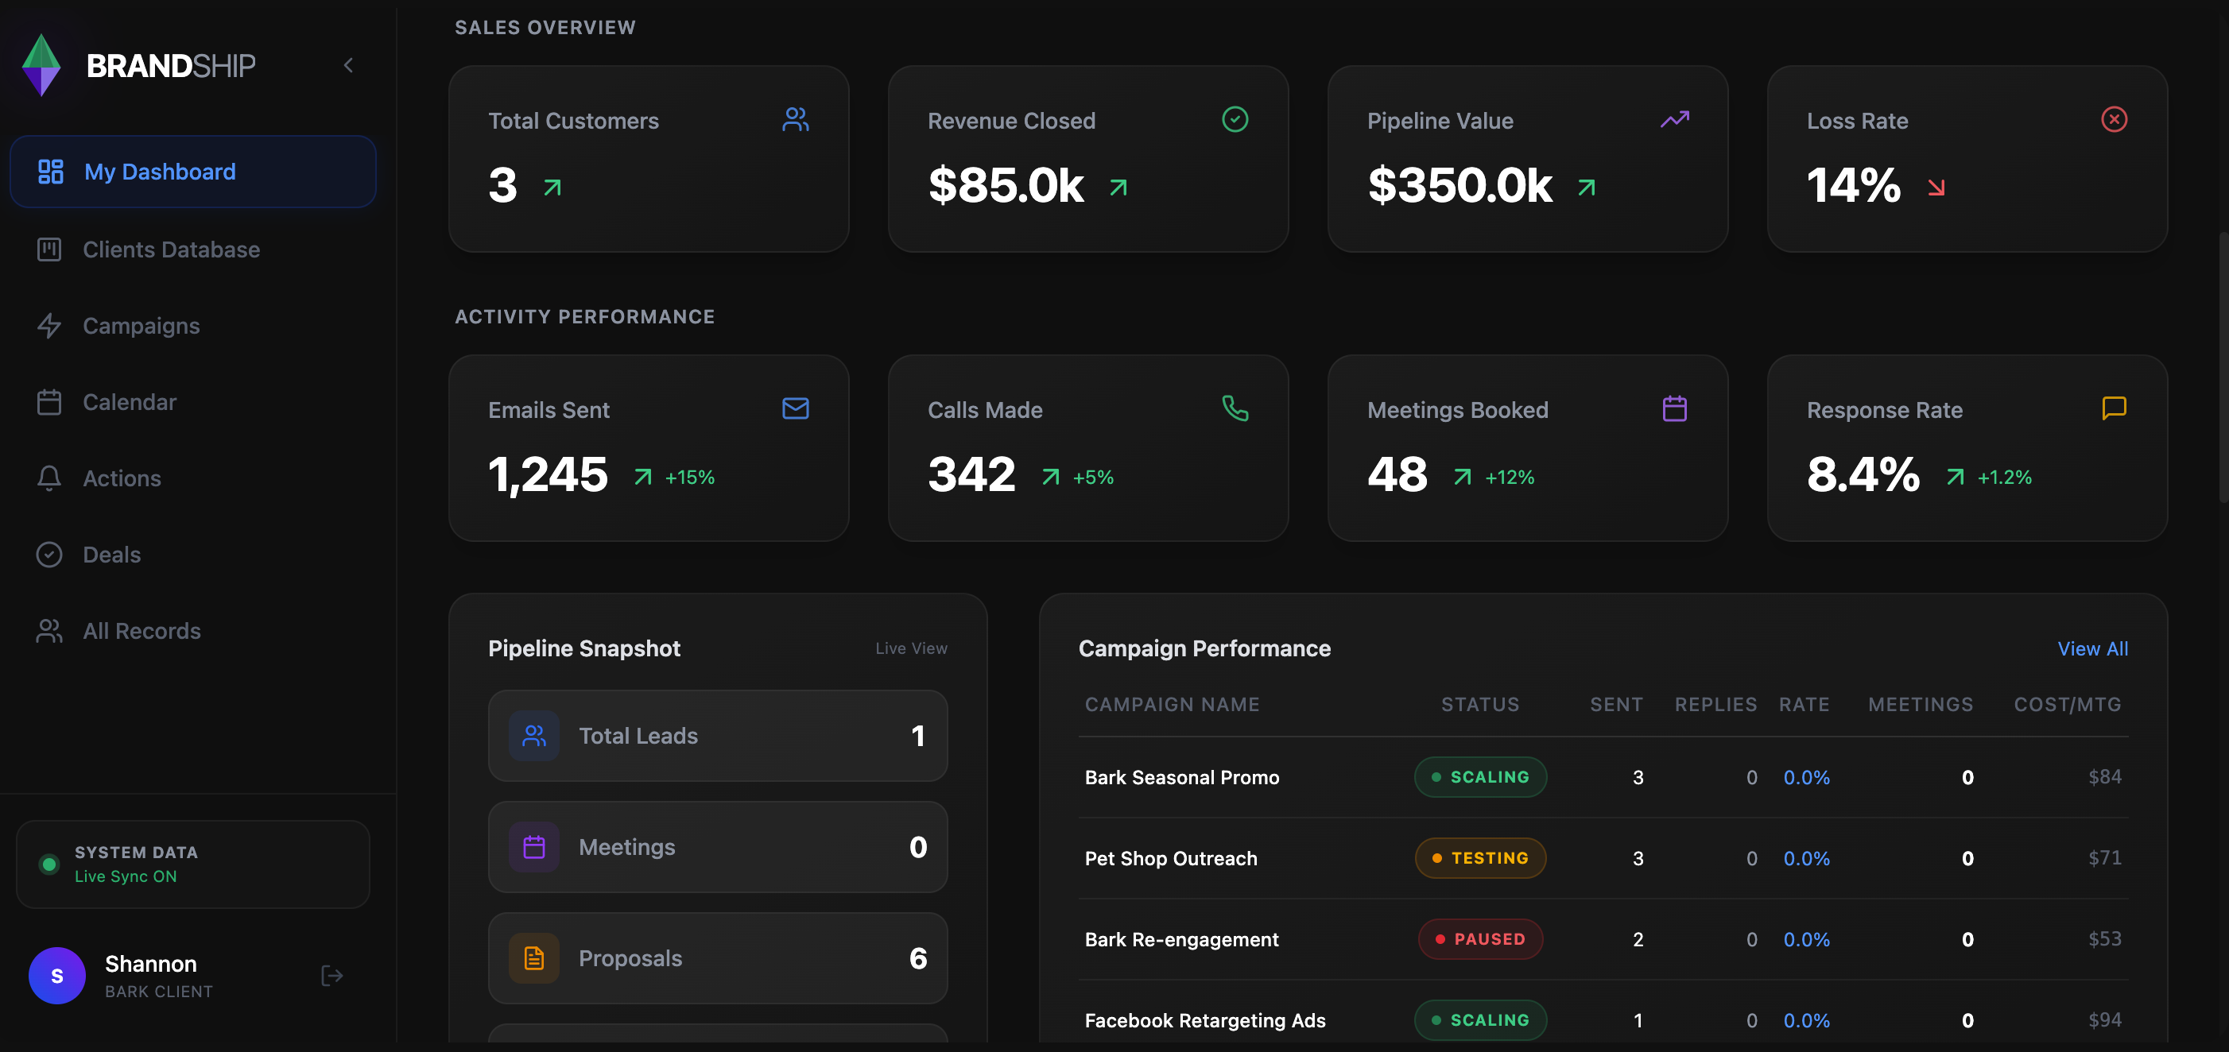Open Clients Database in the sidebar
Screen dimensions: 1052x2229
click(170, 250)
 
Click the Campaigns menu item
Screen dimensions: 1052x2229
click(140, 326)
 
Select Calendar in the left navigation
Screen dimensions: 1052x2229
click(129, 402)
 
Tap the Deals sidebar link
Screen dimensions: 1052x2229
click(110, 555)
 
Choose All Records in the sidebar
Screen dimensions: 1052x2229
click(141, 631)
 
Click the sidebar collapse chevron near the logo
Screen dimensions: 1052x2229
click(349, 66)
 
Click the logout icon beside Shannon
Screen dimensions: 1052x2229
click(331, 976)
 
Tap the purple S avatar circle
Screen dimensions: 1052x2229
click(57, 976)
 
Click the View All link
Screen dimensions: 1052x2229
click(2091, 649)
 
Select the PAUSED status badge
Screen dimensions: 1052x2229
click(1479, 939)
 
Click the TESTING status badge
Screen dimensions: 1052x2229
click(1479, 858)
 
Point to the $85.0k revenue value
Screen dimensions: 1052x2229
click(1006, 186)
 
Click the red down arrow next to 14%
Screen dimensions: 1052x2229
click(1936, 188)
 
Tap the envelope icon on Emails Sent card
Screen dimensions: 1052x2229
click(795, 408)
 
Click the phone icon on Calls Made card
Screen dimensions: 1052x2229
click(1235, 408)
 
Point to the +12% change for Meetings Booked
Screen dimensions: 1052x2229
click(1509, 478)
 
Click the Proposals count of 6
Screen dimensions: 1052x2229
click(917, 958)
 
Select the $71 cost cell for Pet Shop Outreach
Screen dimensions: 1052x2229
click(2103, 858)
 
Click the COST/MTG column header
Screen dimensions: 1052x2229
click(2066, 705)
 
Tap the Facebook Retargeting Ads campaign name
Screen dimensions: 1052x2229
click(1204, 1021)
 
